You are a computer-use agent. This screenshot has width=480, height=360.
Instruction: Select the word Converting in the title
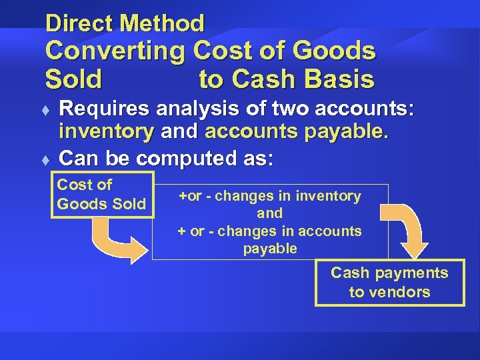click(x=115, y=51)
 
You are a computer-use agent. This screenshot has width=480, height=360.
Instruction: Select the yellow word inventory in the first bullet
click(x=106, y=131)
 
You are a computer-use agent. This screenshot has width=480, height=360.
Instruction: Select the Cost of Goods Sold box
click(x=102, y=195)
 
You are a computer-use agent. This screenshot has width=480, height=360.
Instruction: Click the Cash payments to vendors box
click(x=389, y=283)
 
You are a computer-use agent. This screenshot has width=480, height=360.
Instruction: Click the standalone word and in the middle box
click(x=269, y=213)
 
